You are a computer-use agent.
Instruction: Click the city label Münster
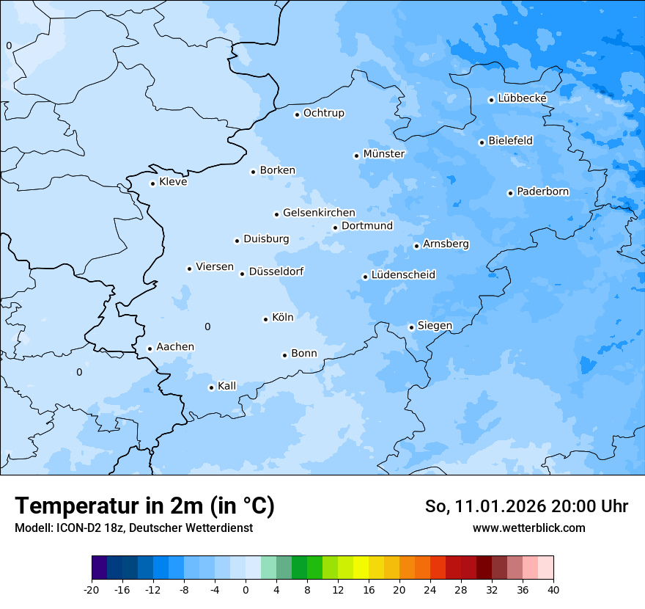click(384, 154)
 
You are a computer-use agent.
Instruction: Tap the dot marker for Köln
click(265, 319)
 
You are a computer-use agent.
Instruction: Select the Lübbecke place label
click(522, 98)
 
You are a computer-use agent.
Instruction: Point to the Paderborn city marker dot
click(510, 193)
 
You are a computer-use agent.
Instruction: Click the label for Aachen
click(175, 347)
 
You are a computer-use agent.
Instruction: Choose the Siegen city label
click(435, 326)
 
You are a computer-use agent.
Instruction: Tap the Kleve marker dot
click(152, 183)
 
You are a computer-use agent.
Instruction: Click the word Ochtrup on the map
click(323, 113)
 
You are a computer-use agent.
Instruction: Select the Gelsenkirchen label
click(319, 213)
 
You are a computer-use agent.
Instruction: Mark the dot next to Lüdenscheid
click(365, 277)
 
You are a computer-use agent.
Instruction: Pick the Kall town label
click(227, 386)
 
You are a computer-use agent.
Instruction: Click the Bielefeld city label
click(510, 140)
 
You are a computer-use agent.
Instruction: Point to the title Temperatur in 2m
click(144, 506)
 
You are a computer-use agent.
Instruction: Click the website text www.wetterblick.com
click(528, 528)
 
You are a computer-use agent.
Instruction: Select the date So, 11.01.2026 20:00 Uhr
click(526, 506)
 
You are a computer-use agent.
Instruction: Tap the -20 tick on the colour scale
click(92, 589)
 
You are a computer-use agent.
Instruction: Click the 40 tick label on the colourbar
click(553, 589)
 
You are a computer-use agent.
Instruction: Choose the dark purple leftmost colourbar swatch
click(99, 568)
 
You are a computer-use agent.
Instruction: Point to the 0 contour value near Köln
click(207, 327)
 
